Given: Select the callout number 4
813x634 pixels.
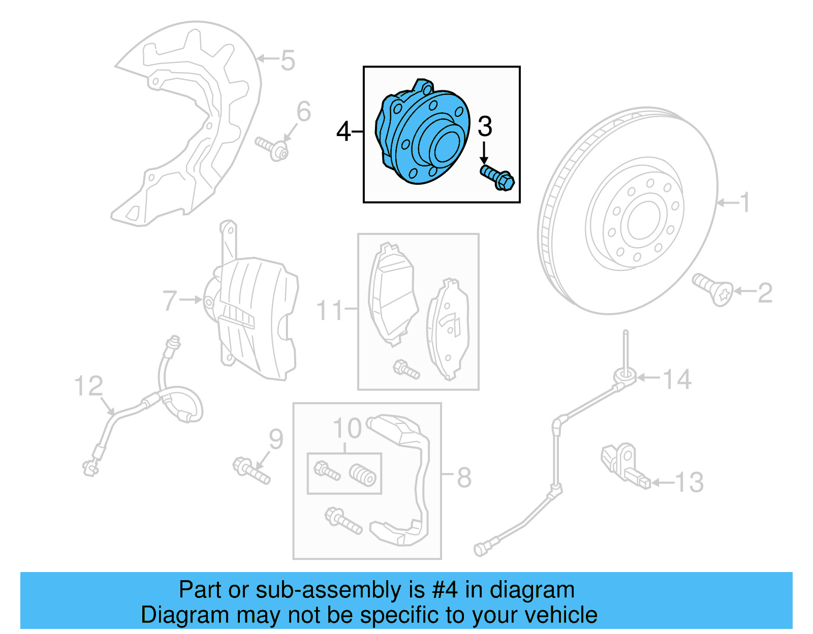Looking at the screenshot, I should coord(343,131).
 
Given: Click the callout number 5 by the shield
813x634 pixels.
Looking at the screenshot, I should coord(288,60).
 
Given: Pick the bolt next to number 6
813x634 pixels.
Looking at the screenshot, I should coord(272,148).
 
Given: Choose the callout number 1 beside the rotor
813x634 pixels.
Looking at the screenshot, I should coord(744,203).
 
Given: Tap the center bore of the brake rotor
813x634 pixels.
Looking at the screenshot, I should coord(644,220).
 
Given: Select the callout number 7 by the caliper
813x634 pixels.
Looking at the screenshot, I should coord(170,300).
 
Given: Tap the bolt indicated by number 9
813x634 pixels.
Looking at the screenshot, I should coord(251,471).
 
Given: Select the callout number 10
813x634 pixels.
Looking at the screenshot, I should coord(347,429).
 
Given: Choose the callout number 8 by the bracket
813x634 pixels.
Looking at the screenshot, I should coord(464,477).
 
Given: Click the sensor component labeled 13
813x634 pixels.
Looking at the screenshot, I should coord(625,464).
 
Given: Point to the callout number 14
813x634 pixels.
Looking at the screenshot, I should coord(677,379).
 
